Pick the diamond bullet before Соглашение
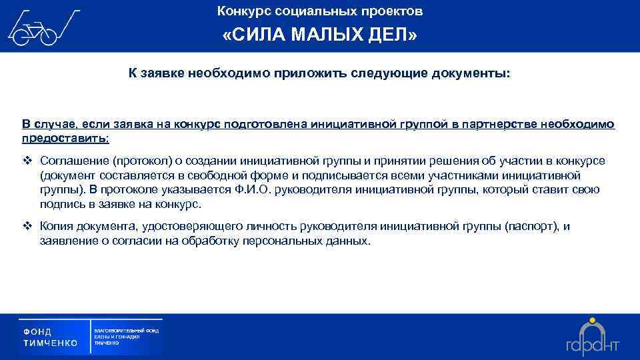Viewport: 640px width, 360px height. pyautogui.click(x=28, y=161)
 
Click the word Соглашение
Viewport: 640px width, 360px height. pyautogui.click(x=73, y=161)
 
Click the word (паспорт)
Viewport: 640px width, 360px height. pyautogui.click(x=530, y=227)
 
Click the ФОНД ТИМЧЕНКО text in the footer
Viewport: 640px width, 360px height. pyautogui.click(x=51, y=337)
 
